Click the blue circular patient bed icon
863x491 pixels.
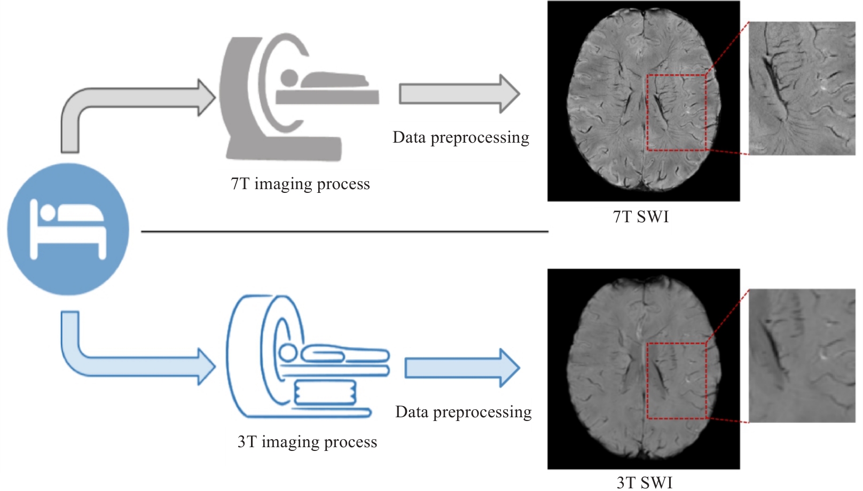(x=68, y=229)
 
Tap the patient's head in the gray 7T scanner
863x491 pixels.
(x=289, y=78)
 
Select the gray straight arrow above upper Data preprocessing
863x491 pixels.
(x=460, y=93)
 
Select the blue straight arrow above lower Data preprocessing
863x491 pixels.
(x=462, y=368)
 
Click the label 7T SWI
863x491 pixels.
(x=641, y=216)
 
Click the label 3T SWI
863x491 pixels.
(x=645, y=482)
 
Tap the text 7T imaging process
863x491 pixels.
(x=300, y=184)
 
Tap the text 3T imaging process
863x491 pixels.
(x=307, y=442)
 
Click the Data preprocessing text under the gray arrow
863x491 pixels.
(x=461, y=138)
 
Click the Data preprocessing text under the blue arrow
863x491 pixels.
(x=464, y=412)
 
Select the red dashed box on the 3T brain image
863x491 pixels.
(x=647, y=381)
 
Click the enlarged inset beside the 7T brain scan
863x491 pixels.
(x=802, y=88)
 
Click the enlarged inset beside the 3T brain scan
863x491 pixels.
(x=802, y=356)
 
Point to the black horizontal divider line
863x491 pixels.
(x=345, y=232)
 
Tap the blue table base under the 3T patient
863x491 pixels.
(x=325, y=392)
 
